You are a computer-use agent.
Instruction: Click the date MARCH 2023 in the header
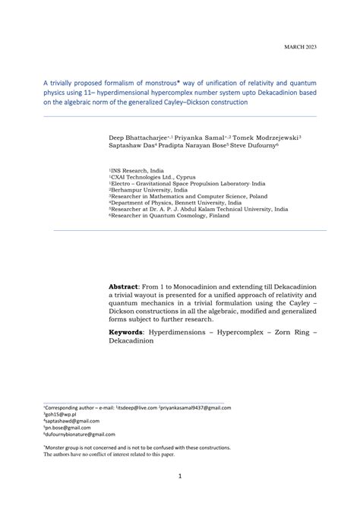[x=300, y=48]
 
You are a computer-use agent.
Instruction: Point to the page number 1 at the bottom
[x=179, y=476]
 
